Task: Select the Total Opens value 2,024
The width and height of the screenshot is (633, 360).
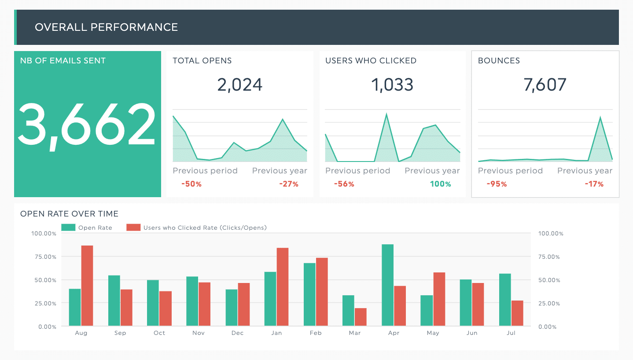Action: [240, 84]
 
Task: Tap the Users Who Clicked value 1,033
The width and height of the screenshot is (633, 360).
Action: [393, 84]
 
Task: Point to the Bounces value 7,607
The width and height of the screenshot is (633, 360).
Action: [545, 84]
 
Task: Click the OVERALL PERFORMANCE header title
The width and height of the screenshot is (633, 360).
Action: [106, 27]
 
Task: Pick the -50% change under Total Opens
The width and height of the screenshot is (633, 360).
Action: [191, 184]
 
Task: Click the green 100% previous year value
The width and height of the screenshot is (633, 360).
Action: [441, 184]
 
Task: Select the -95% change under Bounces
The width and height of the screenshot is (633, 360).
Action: [497, 184]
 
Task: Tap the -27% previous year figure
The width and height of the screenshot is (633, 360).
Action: [289, 184]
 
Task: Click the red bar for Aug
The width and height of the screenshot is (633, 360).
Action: [87, 286]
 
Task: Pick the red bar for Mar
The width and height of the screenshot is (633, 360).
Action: [361, 317]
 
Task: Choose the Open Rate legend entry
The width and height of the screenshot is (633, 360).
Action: [87, 228]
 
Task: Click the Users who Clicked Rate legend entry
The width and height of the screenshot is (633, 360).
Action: [196, 228]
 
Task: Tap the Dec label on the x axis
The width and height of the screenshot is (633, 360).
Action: [237, 333]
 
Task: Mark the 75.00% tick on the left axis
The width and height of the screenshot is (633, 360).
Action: [44, 257]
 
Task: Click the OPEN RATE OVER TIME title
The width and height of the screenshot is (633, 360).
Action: [69, 214]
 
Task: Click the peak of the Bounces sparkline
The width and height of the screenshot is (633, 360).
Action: [600, 118]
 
